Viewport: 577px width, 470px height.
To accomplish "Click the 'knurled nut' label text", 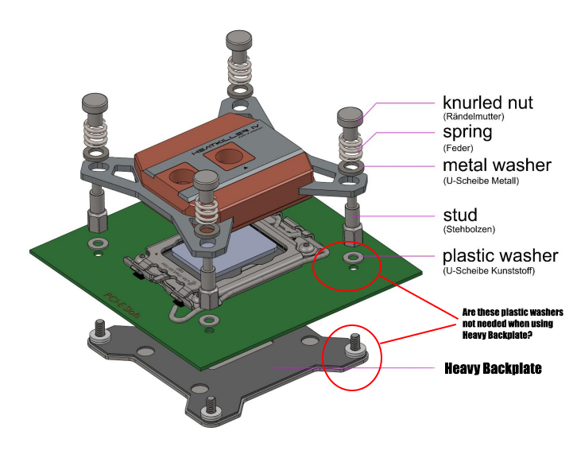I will [x=488, y=103].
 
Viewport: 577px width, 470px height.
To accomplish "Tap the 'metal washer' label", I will [x=497, y=165].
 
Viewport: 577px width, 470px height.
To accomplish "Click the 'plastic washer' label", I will [x=500, y=256].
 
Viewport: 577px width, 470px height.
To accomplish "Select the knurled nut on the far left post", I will [x=95, y=103].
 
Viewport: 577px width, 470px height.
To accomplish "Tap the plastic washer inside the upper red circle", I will [x=350, y=258].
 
